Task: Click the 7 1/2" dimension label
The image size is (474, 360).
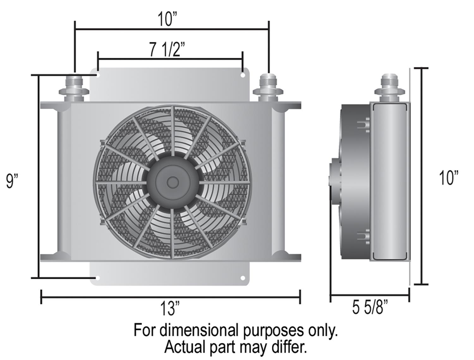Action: [x=167, y=50]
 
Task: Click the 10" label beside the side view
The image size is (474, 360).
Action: [x=448, y=178]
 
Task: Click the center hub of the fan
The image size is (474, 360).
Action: [x=172, y=182]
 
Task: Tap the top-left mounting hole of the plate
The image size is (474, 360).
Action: [x=98, y=76]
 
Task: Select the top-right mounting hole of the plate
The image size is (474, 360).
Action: [x=243, y=76]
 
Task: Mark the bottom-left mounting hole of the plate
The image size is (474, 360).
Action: [x=98, y=278]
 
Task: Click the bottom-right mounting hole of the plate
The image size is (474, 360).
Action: [x=243, y=278]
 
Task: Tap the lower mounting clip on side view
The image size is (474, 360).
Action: [x=363, y=237]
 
